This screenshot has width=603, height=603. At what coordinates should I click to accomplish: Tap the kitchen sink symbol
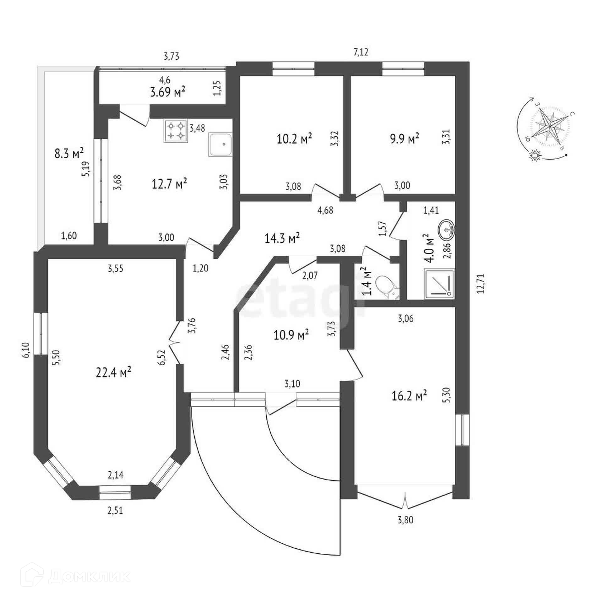(220, 145)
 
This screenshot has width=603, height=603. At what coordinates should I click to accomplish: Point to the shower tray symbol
(439, 283)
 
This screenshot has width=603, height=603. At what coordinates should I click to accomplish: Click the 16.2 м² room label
(409, 396)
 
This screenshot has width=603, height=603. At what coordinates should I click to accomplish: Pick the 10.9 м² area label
(291, 335)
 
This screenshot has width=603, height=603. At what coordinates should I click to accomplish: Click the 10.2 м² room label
(294, 139)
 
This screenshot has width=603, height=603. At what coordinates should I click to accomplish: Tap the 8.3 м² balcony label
(69, 154)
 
